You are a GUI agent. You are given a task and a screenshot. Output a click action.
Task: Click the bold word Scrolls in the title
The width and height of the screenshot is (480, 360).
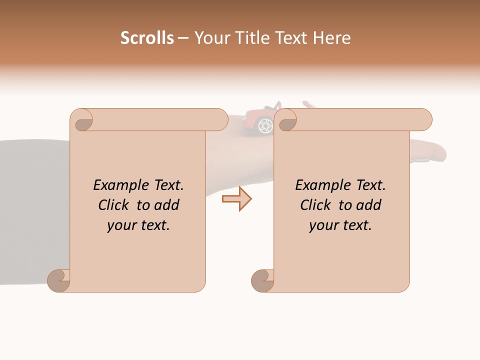coord(147,38)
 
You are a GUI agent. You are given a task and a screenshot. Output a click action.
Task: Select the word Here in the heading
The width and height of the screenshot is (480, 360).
coord(331,38)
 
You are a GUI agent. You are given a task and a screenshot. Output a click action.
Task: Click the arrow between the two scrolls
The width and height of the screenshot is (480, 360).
coord(236,199)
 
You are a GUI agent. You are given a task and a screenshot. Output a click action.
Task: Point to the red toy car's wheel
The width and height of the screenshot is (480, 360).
coord(265,126)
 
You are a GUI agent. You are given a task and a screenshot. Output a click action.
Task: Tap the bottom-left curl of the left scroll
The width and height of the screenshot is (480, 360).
coord(58,281)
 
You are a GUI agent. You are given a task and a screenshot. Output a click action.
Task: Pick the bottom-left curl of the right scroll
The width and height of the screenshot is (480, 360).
coord(262,281)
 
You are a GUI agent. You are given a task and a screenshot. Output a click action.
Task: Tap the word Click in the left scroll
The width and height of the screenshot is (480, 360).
coord(114,205)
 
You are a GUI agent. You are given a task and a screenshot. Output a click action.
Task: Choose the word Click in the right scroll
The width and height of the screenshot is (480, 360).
coord(316,205)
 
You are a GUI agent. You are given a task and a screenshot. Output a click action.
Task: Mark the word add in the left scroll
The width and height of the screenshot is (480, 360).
coord(167,205)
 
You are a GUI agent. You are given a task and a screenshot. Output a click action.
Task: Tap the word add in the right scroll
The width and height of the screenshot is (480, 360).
coord(369,205)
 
